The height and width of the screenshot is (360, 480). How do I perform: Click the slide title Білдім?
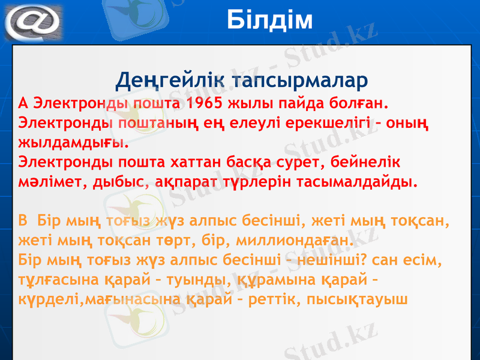(270, 20)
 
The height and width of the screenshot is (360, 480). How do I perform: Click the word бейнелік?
(365, 161)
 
